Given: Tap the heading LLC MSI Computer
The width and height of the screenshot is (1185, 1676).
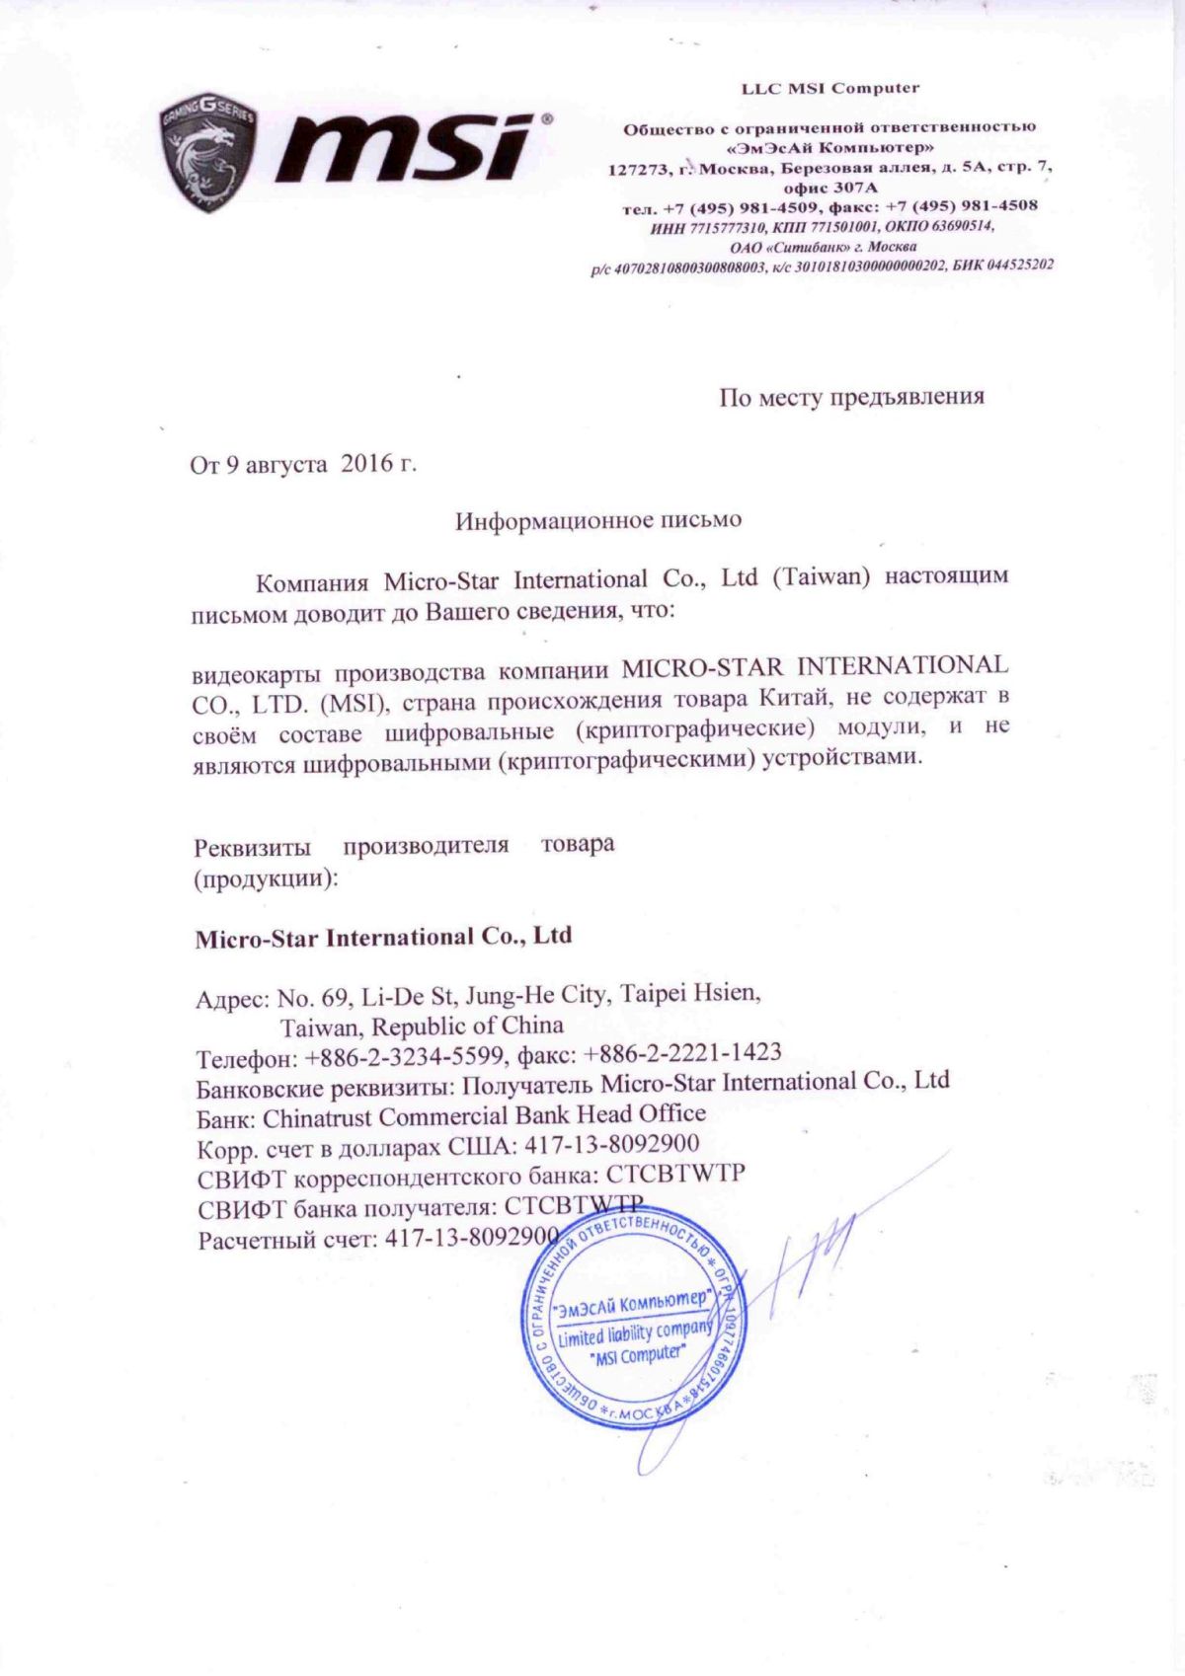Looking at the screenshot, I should coord(829,88).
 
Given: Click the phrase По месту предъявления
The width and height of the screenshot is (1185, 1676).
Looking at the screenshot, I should coord(851,397).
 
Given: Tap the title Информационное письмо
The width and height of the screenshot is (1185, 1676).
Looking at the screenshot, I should coord(597,519).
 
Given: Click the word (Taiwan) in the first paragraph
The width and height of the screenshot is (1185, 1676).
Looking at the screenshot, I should coord(820,576).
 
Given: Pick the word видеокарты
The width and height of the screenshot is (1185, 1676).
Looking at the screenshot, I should coord(256,674).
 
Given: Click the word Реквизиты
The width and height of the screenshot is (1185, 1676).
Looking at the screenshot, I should coord(253,848).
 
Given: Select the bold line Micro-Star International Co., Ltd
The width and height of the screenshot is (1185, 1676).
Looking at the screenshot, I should coord(383,937).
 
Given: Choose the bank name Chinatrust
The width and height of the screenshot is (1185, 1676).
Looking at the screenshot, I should coord(317,1117).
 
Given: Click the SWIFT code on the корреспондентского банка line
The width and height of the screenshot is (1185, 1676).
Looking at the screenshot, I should coord(675,1175).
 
